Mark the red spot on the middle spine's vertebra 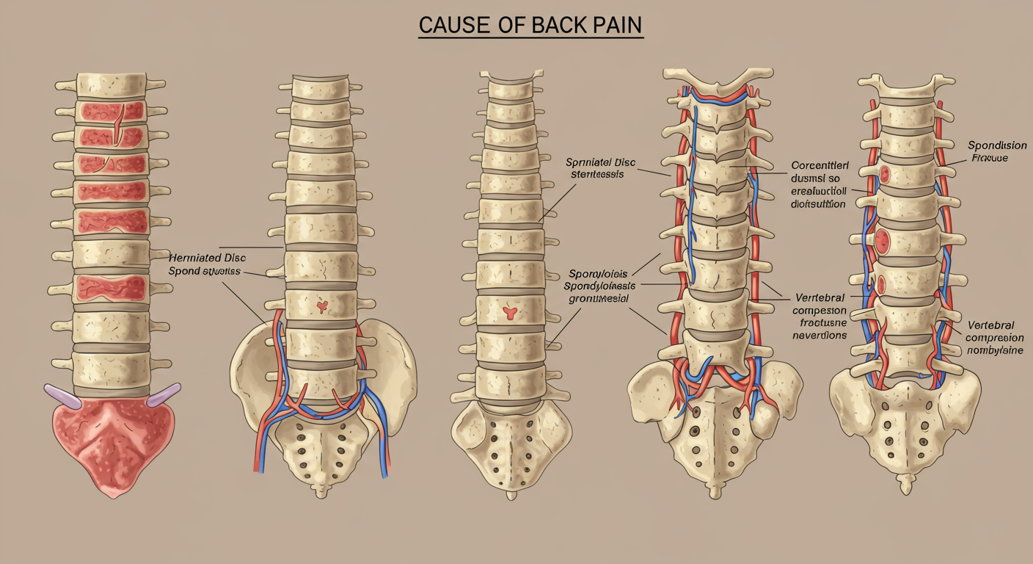point(511,313)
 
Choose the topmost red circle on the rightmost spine point(886,174)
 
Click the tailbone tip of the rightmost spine point(908,485)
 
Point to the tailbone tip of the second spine point(321,491)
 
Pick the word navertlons point(820,335)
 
